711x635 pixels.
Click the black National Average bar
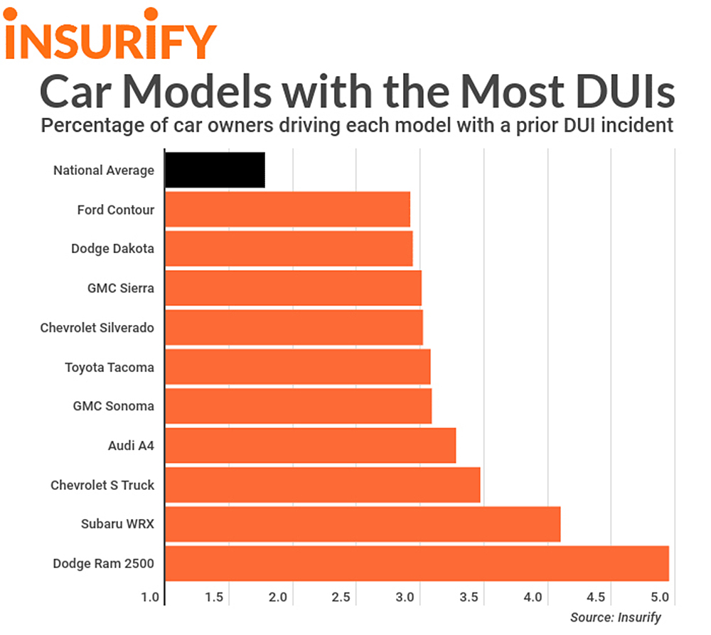[x=215, y=170]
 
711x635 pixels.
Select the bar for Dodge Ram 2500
[x=417, y=563]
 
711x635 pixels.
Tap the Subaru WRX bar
[x=363, y=524]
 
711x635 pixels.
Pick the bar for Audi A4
[x=310, y=446]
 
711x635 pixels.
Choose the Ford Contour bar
[x=287, y=210]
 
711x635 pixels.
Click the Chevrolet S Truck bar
[x=322, y=485]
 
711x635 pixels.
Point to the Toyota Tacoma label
[x=109, y=368]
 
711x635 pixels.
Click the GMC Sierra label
[x=120, y=289]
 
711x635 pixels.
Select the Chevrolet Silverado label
[x=97, y=328]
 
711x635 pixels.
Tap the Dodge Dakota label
[x=112, y=249]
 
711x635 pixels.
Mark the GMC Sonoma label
[x=113, y=407]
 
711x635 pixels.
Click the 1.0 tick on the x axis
[x=151, y=597]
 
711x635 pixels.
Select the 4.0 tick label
[x=535, y=597]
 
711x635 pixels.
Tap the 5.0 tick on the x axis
[x=661, y=597]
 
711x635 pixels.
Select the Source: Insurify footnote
[x=615, y=617]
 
